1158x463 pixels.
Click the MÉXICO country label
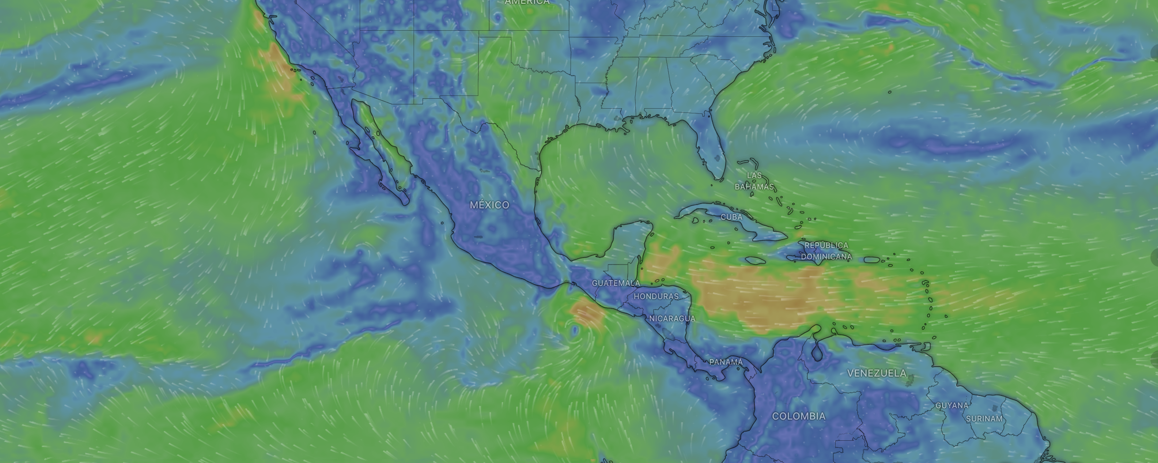(489, 205)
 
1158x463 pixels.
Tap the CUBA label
(731, 217)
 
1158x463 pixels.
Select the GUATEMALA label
(616, 283)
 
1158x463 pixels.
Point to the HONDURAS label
(656, 296)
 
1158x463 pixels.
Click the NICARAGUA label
(672, 318)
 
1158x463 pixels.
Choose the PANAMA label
(726, 362)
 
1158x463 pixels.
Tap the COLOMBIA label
(798, 416)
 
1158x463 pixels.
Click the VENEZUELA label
(876, 373)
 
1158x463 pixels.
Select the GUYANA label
(952, 405)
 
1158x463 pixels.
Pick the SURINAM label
(984, 419)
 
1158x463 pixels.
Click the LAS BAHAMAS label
(754, 181)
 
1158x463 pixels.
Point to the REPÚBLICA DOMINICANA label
(826, 251)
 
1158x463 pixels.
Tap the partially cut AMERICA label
(527, 2)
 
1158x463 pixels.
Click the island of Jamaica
(755, 260)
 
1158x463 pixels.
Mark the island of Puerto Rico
(871, 259)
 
